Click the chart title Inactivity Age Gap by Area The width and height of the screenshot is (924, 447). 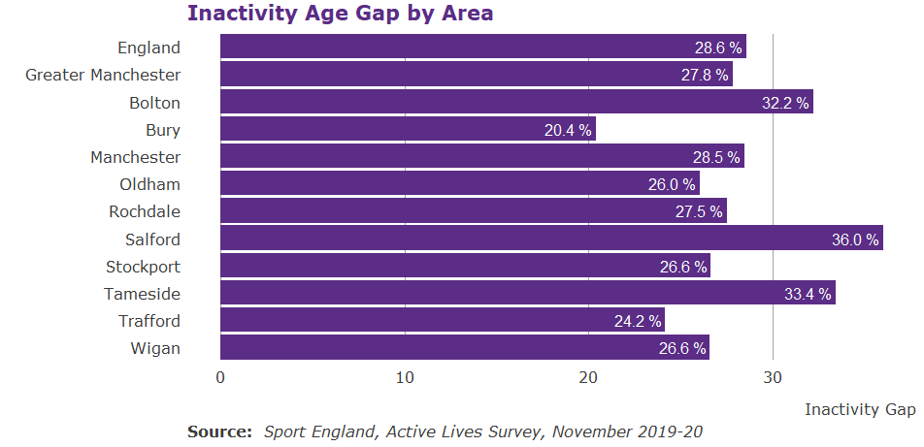pyautogui.click(x=340, y=14)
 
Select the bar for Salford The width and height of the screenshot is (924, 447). pyautogui.click(x=551, y=239)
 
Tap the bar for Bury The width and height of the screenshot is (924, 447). pyautogui.click(x=408, y=130)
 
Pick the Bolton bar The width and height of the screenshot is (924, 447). pyautogui.click(x=516, y=103)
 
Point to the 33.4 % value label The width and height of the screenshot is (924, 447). pyautogui.click(x=808, y=294)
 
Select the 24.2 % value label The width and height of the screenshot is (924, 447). pyautogui.click(x=637, y=321)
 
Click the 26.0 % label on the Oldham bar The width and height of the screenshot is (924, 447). pyautogui.click(x=672, y=184)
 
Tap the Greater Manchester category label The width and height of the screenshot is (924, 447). pyautogui.click(x=103, y=75)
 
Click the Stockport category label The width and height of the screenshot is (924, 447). pyautogui.click(x=143, y=267)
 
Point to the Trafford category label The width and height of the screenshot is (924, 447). pyautogui.click(x=149, y=321)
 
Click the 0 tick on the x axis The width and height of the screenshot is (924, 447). pyautogui.click(x=220, y=377)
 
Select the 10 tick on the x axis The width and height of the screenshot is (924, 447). pyautogui.click(x=404, y=377)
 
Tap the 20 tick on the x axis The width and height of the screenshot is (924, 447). pyautogui.click(x=588, y=377)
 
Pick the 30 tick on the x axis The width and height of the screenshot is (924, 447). pyautogui.click(x=772, y=377)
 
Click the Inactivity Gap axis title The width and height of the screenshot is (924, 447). pyautogui.click(x=859, y=409)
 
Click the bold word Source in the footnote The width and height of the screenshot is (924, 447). pyautogui.click(x=219, y=431)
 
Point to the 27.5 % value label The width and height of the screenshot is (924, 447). pyautogui.click(x=699, y=211)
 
